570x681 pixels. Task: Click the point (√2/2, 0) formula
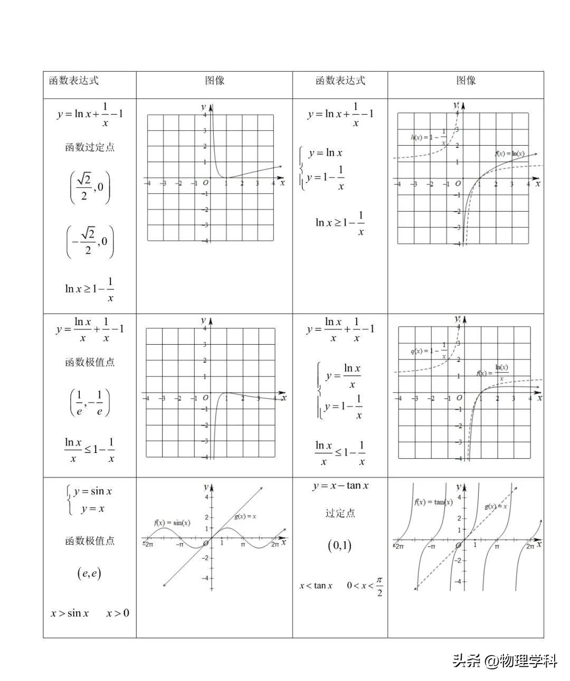(x=90, y=187)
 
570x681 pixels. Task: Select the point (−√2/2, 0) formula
(x=90, y=242)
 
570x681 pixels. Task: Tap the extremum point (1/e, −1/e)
(x=90, y=403)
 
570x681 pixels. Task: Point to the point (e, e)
(x=89, y=573)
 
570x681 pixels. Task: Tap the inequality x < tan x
(x=316, y=585)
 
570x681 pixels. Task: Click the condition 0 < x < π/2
(x=365, y=585)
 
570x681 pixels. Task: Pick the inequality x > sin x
(x=70, y=613)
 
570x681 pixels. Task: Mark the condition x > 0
(x=118, y=613)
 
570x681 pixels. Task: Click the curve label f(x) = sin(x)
(x=172, y=523)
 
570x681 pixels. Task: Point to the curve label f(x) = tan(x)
(x=433, y=502)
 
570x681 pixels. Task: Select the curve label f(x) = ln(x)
(x=510, y=154)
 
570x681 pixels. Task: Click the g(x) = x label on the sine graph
(x=245, y=516)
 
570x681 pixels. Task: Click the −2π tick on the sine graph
(x=148, y=544)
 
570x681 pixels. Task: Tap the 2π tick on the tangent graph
(x=530, y=547)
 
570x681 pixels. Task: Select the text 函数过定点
(x=90, y=147)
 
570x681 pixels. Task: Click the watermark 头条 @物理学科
(x=505, y=661)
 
